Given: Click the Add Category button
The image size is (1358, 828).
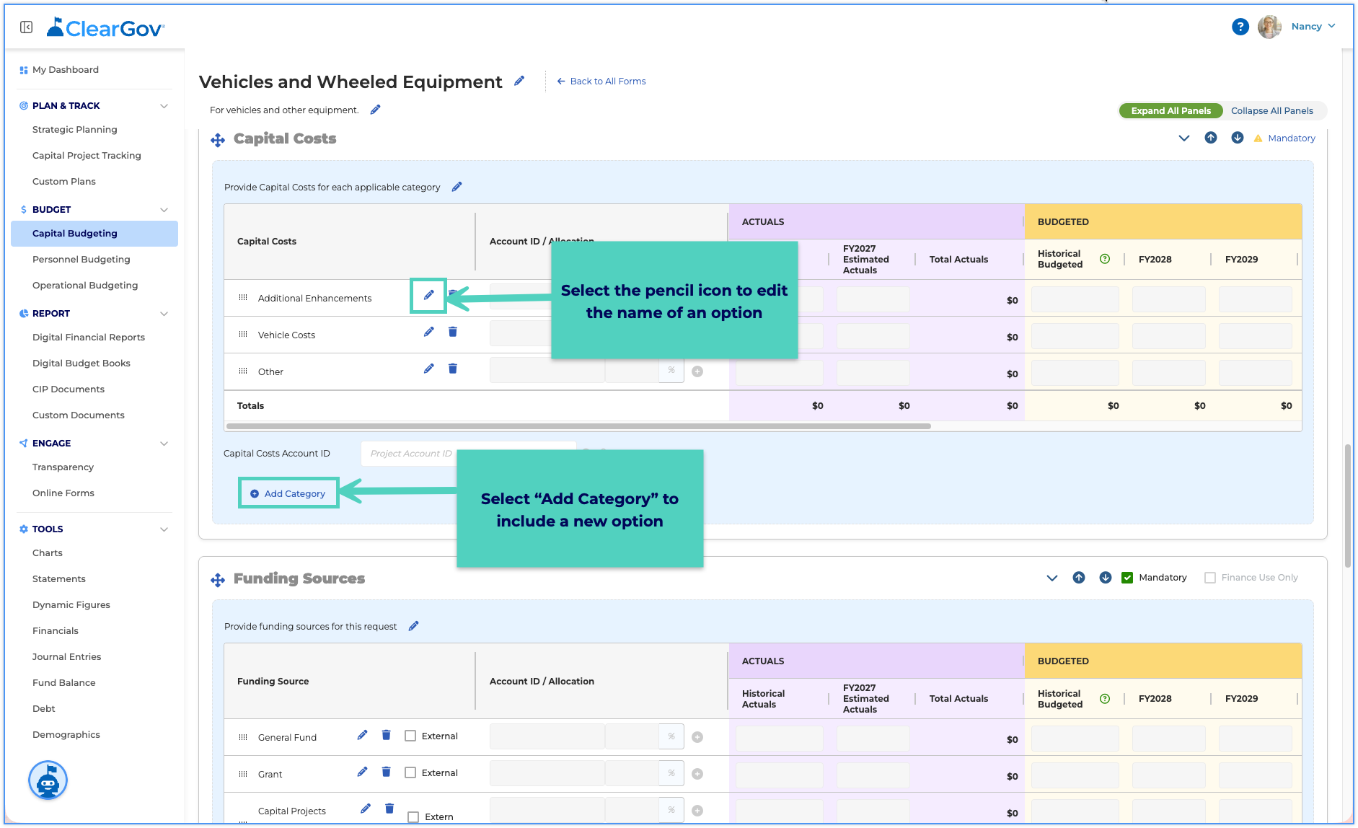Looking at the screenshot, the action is (288, 493).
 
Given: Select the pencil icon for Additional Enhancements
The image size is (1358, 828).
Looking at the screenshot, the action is (428, 295).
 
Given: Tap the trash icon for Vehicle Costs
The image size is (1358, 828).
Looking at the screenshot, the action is (453, 332).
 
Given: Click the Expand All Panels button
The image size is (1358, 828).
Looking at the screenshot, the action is (1170, 110).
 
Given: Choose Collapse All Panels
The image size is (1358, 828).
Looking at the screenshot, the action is (1271, 110).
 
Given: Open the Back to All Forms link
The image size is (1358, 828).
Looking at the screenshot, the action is (601, 81).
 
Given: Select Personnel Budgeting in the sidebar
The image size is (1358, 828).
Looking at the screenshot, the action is (81, 259).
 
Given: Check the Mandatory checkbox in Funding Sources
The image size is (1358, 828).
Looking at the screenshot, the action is (1127, 577).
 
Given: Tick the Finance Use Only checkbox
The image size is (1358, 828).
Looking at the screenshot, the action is (1210, 577).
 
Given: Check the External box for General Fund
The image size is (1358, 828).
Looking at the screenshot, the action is (410, 736).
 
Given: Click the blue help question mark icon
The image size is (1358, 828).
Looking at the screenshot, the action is (1240, 27).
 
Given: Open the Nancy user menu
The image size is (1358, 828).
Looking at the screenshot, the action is (1313, 26).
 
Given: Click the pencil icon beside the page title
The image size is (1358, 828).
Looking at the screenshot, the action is (519, 81).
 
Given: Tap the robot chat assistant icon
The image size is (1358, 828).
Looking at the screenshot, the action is (48, 780).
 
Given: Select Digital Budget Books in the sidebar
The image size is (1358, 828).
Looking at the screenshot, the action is (81, 363).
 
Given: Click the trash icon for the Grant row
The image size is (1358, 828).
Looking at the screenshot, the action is (387, 772).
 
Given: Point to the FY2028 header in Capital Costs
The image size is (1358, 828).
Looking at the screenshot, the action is (1155, 259).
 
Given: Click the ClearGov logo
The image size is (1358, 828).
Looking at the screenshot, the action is (106, 27).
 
